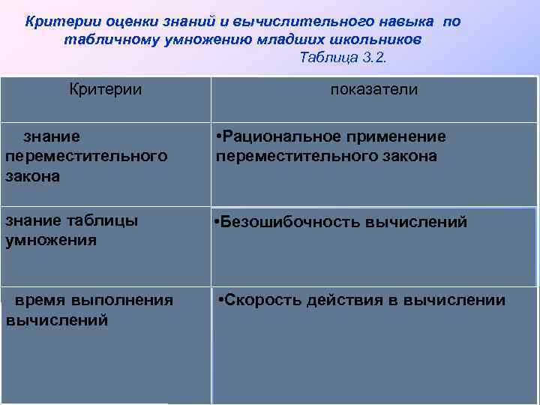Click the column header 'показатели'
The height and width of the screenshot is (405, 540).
374,89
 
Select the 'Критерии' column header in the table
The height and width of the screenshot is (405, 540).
105,89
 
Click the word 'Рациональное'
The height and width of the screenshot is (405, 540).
273,136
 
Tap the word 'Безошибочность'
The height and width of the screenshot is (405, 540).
289,222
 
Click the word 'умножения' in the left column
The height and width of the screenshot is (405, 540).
50,241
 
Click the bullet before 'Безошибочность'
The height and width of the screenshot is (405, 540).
216,222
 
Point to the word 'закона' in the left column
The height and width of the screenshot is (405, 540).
32,176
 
